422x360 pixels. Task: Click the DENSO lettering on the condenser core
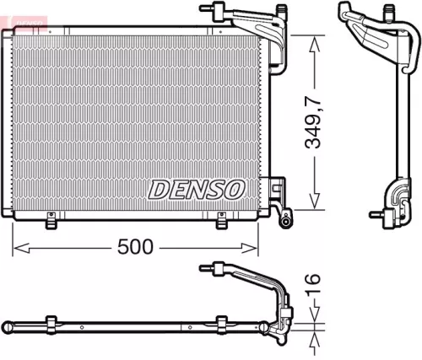[197, 189]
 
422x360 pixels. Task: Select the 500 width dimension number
[136, 246]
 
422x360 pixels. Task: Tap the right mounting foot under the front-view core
[223, 222]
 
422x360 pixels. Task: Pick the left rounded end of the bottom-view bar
[8, 325]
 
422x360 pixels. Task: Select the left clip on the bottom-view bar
[51, 324]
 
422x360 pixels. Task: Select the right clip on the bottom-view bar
[223, 324]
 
